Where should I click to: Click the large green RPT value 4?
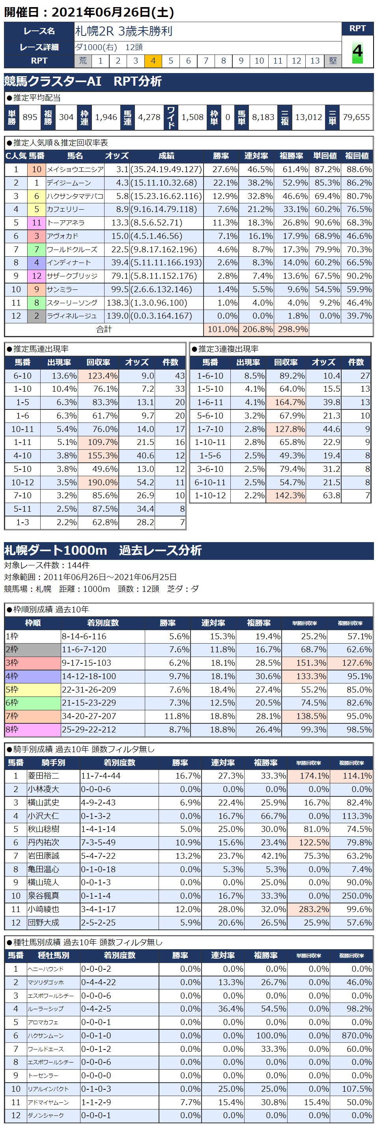pos(357,52)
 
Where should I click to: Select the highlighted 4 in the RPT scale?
pos(153,61)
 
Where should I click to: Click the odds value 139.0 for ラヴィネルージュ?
pos(117,316)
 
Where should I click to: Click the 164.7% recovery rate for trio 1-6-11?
pos(290,402)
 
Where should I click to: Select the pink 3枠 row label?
pos(32,663)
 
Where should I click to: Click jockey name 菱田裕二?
pos(43,775)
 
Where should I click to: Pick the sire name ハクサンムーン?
pos(46,1036)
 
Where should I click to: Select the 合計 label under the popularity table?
pos(104,329)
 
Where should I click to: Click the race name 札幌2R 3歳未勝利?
pos(124,31)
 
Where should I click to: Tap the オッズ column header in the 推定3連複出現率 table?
pos(323,362)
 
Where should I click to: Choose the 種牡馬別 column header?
pos(53,956)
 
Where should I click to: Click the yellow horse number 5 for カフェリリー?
pos(36,209)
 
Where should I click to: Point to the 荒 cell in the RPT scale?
pos(83,61)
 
